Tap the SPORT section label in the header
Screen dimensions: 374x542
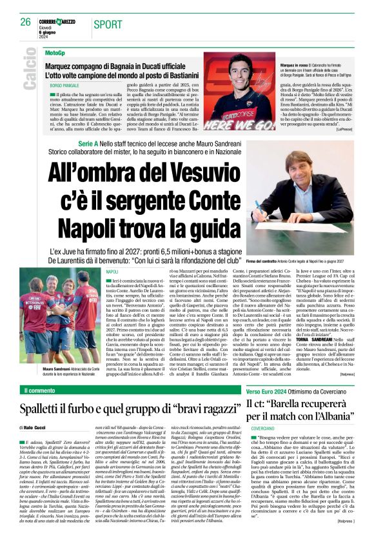point(107,25)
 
